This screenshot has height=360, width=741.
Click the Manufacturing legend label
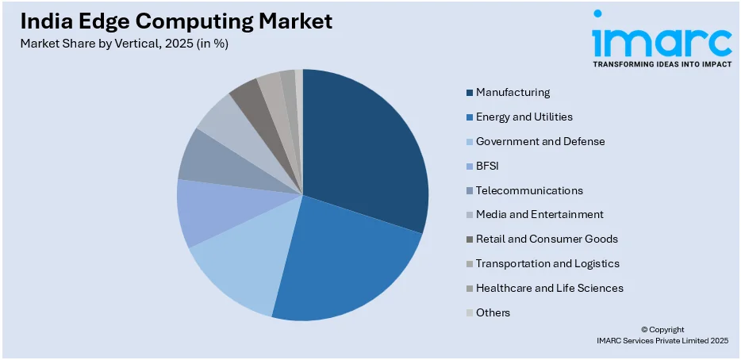pos(513,92)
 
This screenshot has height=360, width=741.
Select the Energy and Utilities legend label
pos(524,117)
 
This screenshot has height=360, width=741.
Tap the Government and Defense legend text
pos(540,141)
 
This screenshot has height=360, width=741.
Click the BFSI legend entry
pos(489,166)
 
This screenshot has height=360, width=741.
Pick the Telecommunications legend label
pos(529,190)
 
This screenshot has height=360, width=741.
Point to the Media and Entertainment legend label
pos(539,214)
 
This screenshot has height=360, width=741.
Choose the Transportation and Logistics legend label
pos(547,263)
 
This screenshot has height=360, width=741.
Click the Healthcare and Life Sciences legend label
pos(549,288)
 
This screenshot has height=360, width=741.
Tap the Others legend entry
pos(493,312)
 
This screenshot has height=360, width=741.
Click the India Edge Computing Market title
pos(176,21)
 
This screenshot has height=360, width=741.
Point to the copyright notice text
pos(662,335)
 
